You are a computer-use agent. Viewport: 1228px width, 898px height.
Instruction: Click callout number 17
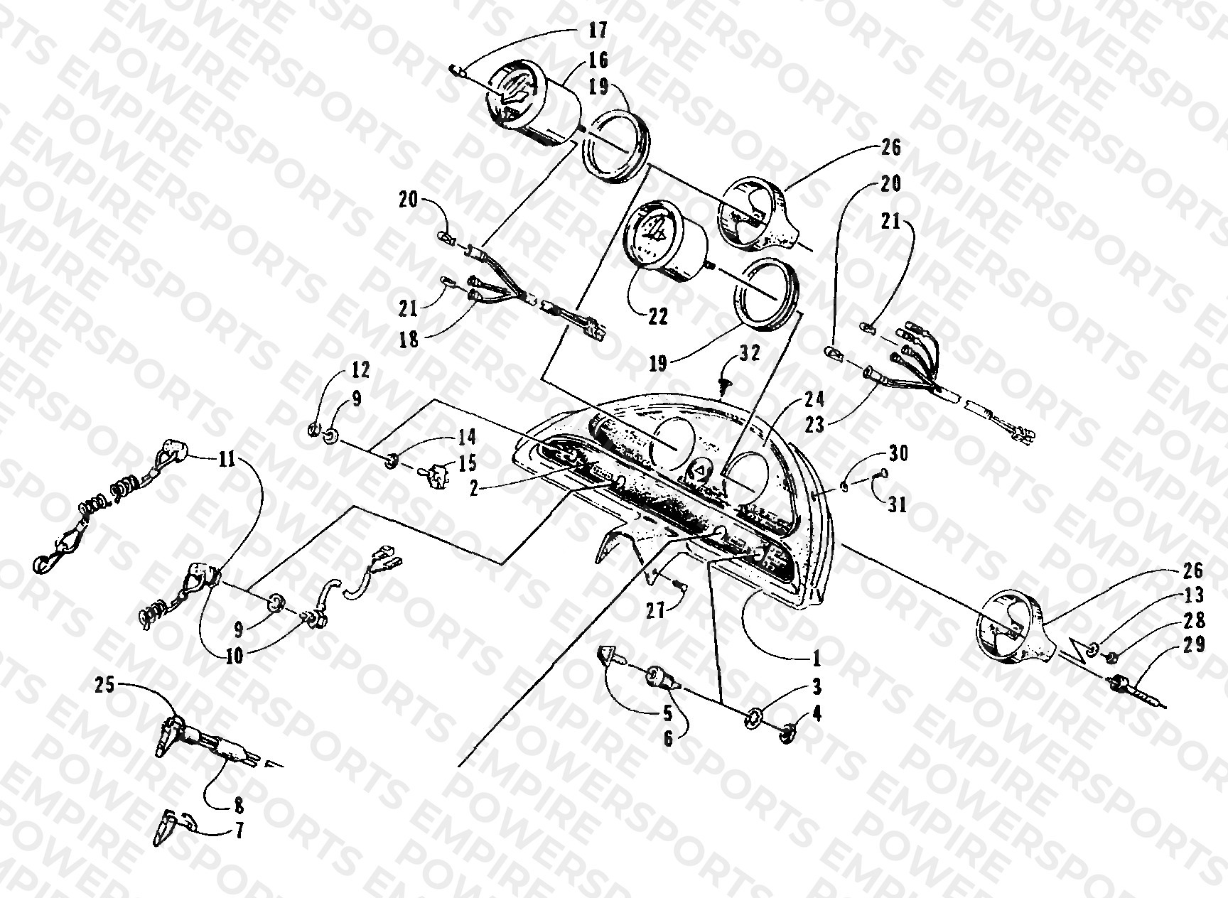(598, 31)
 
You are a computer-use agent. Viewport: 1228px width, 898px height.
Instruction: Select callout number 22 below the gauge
(658, 316)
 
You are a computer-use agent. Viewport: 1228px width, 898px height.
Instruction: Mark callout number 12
(360, 370)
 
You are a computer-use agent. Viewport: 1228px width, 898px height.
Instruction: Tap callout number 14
(467, 436)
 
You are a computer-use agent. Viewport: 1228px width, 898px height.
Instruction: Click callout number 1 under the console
(817, 659)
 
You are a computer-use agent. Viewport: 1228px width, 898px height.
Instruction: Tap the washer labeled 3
(751, 722)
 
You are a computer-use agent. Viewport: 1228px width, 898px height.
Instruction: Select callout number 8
(239, 806)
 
